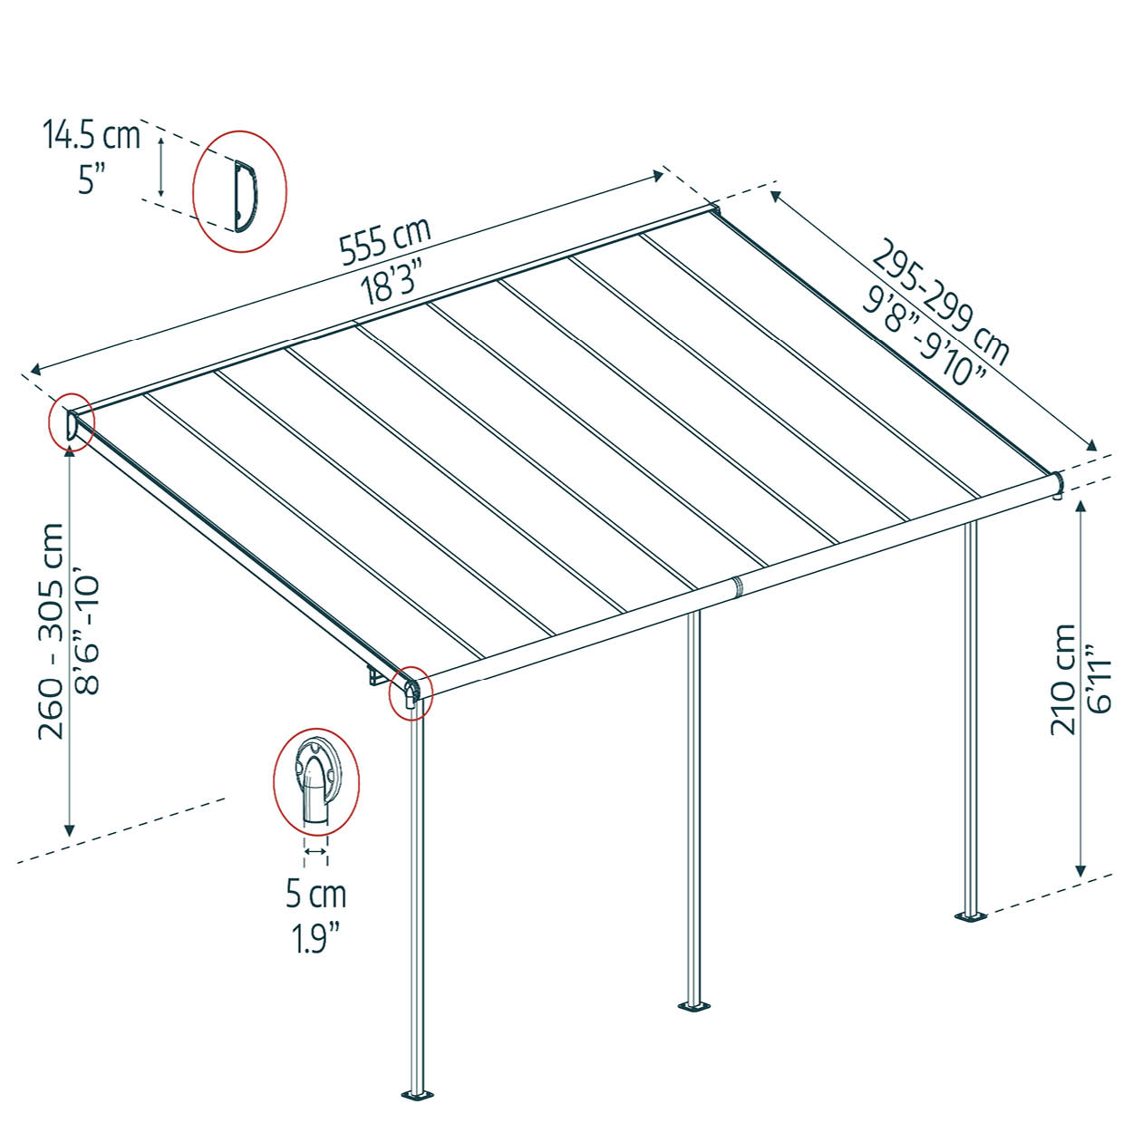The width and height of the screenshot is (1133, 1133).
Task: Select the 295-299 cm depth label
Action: (940, 302)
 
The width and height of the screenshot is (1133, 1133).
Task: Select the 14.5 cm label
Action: (92, 135)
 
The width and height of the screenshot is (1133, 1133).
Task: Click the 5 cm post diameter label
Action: (316, 894)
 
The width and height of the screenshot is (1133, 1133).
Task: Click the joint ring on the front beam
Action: (737, 586)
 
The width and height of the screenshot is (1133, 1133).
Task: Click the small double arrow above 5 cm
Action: (316, 851)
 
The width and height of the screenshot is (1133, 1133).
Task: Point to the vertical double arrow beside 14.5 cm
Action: (160, 167)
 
